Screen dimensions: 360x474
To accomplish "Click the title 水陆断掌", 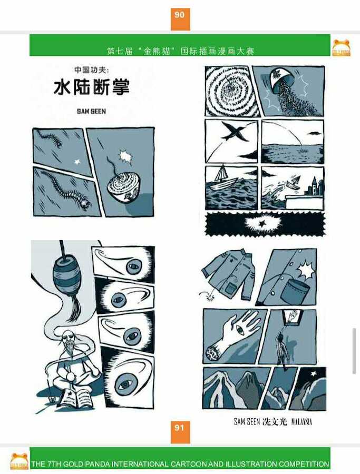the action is [92, 87].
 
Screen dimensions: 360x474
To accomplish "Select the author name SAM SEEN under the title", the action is [91, 111].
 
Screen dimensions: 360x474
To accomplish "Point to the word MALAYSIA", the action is [301, 422].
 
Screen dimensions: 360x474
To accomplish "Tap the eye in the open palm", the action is [240, 330].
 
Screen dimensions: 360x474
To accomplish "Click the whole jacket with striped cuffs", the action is [229, 274].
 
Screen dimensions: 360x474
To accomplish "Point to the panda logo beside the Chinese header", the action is [341, 48].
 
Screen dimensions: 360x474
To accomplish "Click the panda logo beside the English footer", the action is [20, 461].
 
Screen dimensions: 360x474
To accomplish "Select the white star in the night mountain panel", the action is [314, 373].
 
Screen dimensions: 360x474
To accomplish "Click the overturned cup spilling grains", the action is [282, 82].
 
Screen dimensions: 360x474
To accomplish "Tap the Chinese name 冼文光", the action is [275, 421].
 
